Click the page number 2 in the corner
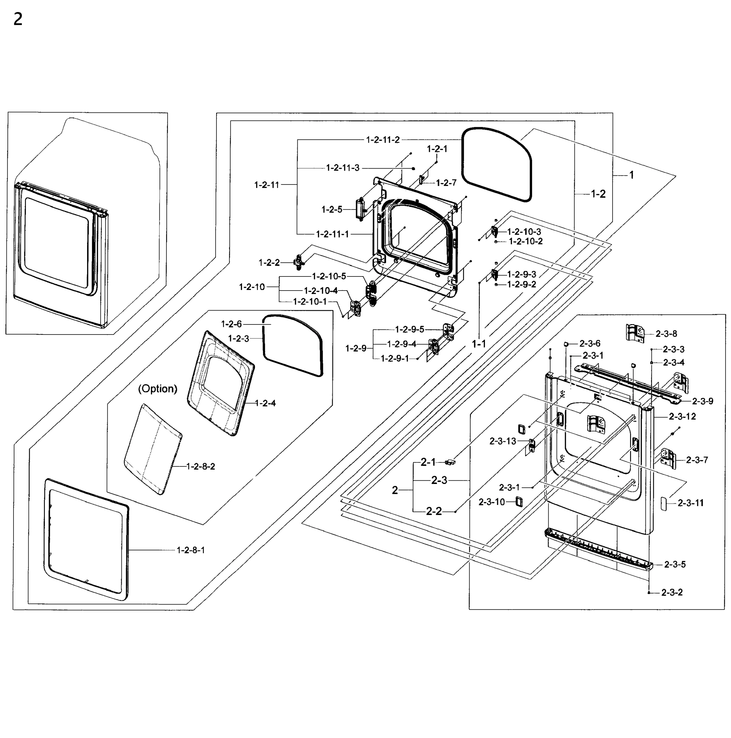click(18, 19)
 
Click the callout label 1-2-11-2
click(383, 140)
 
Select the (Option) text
click(157, 389)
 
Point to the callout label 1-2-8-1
click(190, 550)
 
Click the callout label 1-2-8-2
click(201, 466)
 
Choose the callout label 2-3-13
click(503, 441)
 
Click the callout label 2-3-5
click(675, 564)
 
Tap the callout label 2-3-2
click(672, 593)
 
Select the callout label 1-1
click(479, 344)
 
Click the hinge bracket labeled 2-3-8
click(635, 333)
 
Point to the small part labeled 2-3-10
click(518, 502)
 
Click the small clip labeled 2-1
click(450, 462)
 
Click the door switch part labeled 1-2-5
click(360, 209)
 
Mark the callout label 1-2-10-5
click(329, 276)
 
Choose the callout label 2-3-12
click(682, 416)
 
